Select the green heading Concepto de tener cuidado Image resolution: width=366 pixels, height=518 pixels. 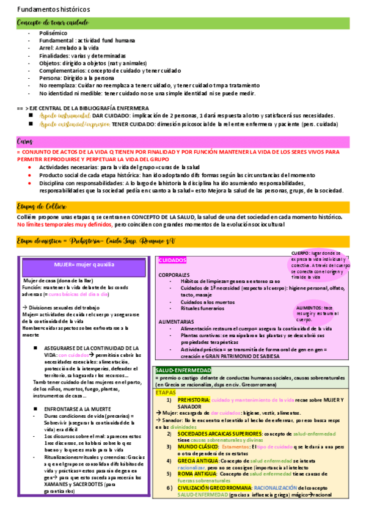[53, 23]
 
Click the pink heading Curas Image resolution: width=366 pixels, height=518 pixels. [25, 142]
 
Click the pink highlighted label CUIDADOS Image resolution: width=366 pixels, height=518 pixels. [172, 260]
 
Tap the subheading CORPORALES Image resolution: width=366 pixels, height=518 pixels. [174, 274]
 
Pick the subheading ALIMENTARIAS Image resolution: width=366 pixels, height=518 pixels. [177, 321]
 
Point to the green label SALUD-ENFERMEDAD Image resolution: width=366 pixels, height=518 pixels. [183, 370]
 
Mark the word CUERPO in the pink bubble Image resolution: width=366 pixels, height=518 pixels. [300, 253]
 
